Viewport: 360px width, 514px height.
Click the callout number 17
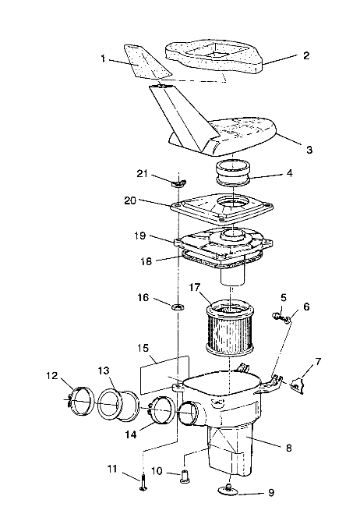(194, 288)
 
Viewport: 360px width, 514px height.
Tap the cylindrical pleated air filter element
(230, 327)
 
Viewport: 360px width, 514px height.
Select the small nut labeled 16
(178, 307)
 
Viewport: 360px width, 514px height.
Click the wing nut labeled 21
(178, 183)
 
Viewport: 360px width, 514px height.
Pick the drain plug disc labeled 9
(228, 489)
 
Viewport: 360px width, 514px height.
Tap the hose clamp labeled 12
(80, 402)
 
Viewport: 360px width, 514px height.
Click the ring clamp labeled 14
(162, 410)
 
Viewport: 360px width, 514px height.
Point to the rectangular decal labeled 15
(164, 374)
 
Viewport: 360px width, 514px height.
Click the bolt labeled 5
(277, 316)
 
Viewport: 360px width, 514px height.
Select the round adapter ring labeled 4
(233, 173)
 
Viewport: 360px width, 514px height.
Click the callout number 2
(306, 55)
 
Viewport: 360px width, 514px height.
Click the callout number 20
(130, 200)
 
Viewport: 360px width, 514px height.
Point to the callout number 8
(288, 448)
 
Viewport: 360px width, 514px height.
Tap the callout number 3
(309, 150)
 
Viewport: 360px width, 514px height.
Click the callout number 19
(139, 236)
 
